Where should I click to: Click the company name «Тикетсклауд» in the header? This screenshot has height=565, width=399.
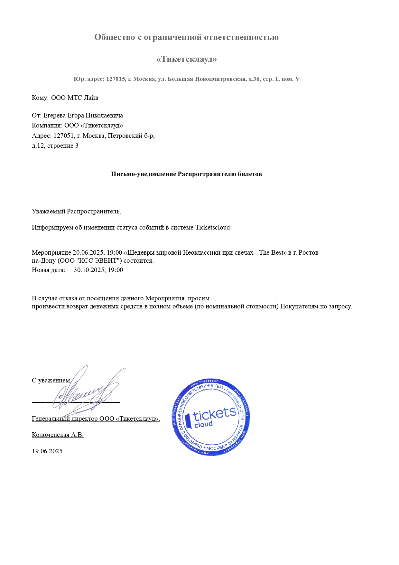[186, 59]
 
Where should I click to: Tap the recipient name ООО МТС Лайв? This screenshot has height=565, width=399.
[75, 98]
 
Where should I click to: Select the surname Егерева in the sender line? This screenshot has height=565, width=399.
[55, 116]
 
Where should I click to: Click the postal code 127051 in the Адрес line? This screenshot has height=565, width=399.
[64, 136]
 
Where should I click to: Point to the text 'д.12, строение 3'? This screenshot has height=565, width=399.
[55, 146]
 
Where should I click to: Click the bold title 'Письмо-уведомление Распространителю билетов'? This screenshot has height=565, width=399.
[186, 174]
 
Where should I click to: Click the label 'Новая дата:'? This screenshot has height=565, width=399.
[49, 270]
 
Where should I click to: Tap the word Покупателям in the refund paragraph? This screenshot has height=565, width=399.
[299, 306]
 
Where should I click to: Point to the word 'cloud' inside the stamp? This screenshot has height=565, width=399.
[203, 425]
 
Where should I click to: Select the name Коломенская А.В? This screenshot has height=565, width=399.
[58, 435]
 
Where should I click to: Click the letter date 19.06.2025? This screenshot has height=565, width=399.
[47, 451]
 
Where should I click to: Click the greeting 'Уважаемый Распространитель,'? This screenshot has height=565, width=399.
[76, 212]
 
